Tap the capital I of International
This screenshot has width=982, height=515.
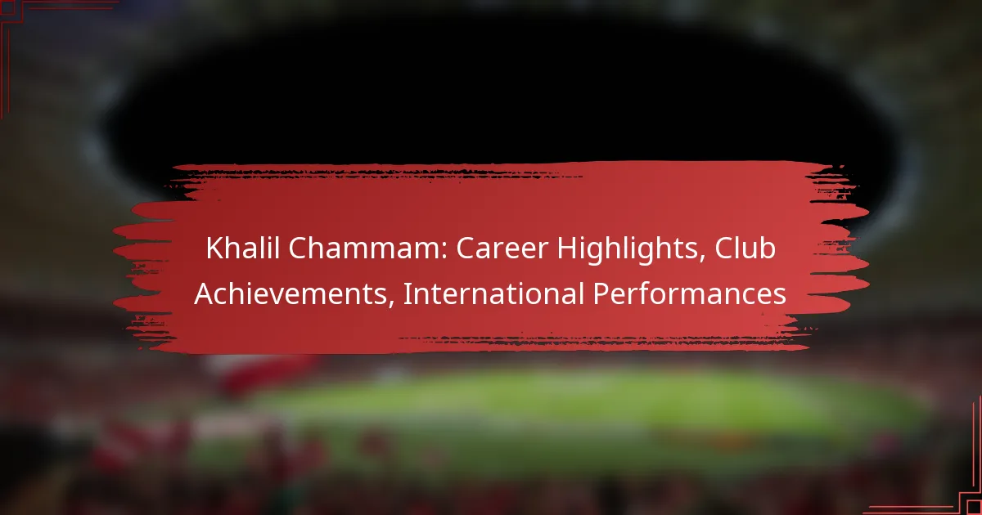point(407,293)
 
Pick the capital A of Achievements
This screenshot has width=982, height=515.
point(203,293)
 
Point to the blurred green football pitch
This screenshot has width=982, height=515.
point(573,409)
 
